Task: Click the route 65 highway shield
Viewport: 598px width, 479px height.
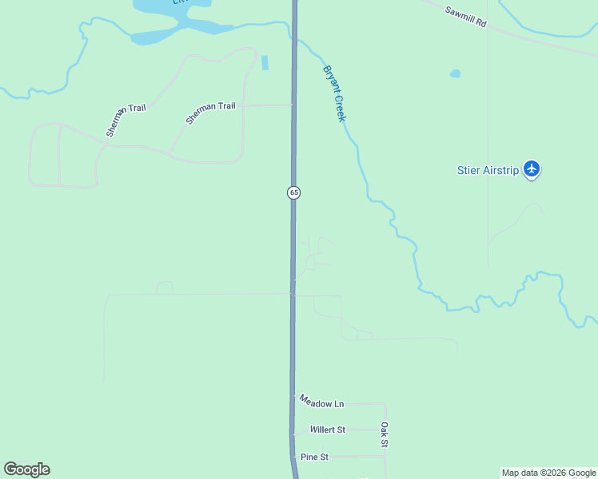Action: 293,192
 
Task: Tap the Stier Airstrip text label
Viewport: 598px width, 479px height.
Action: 488,169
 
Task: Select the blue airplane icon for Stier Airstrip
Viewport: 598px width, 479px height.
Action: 532,169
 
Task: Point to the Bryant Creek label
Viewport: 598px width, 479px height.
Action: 334,93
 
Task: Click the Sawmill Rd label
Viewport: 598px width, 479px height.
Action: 464,16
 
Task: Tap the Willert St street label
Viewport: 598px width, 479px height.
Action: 328,430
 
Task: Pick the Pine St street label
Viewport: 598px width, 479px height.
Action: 315,457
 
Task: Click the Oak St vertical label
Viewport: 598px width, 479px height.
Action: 384,435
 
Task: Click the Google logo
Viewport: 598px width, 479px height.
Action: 26,469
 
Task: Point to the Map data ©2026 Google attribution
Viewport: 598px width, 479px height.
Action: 548,473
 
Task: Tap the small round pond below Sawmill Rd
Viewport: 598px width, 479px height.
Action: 455,73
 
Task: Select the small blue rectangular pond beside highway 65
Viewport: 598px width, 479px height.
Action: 265,62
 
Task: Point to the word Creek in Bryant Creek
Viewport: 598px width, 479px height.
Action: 340,105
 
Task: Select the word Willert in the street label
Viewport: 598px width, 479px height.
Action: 323,430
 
